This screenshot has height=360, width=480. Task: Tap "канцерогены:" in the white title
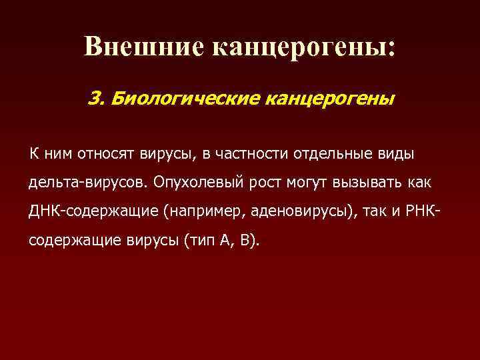pos(304,46)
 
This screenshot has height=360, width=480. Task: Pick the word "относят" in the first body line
pos(107,155)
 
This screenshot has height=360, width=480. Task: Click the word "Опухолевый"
pos(195,183)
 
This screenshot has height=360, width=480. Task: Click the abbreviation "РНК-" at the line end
pos(422,212)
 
